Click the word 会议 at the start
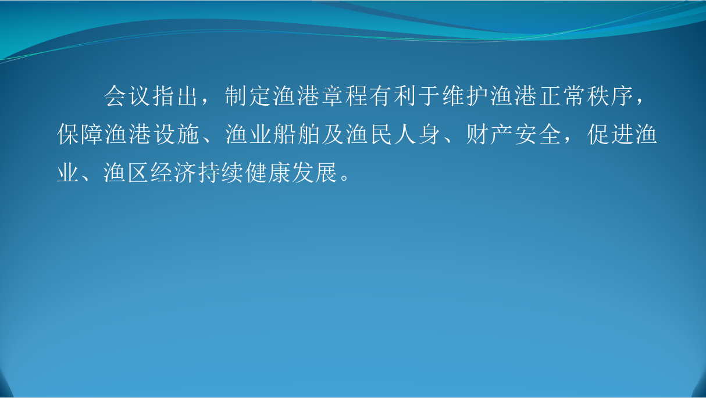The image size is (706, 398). point(127,95)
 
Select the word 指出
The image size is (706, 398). point(175,95)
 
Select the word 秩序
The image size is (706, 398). point(610,95)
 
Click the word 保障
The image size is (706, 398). point(80,134)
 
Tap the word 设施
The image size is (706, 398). point(176,134)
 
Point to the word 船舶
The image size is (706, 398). point(297,134)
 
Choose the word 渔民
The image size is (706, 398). point(369,134)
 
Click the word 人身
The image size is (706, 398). point(418,134)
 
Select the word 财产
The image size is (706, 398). point(490,134)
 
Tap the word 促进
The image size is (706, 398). point(611,134)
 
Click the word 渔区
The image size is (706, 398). point(126,173)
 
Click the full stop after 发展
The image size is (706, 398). point(344,178)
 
